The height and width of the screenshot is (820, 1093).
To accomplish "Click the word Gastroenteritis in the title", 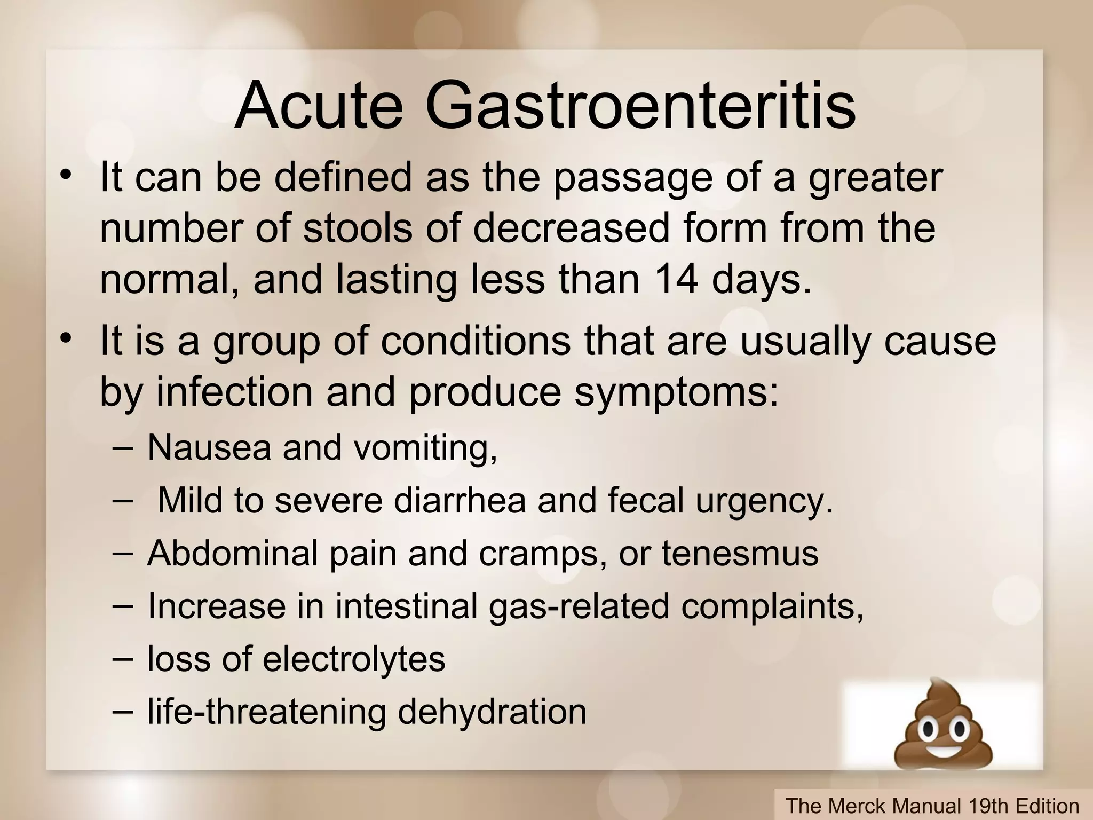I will point(640,105).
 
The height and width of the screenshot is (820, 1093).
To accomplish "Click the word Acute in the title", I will point(319,105).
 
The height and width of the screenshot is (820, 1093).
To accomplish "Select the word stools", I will point(358,228).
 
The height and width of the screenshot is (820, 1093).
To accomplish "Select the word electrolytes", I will point(354,659).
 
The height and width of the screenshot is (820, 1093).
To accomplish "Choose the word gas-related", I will point(579,606).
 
